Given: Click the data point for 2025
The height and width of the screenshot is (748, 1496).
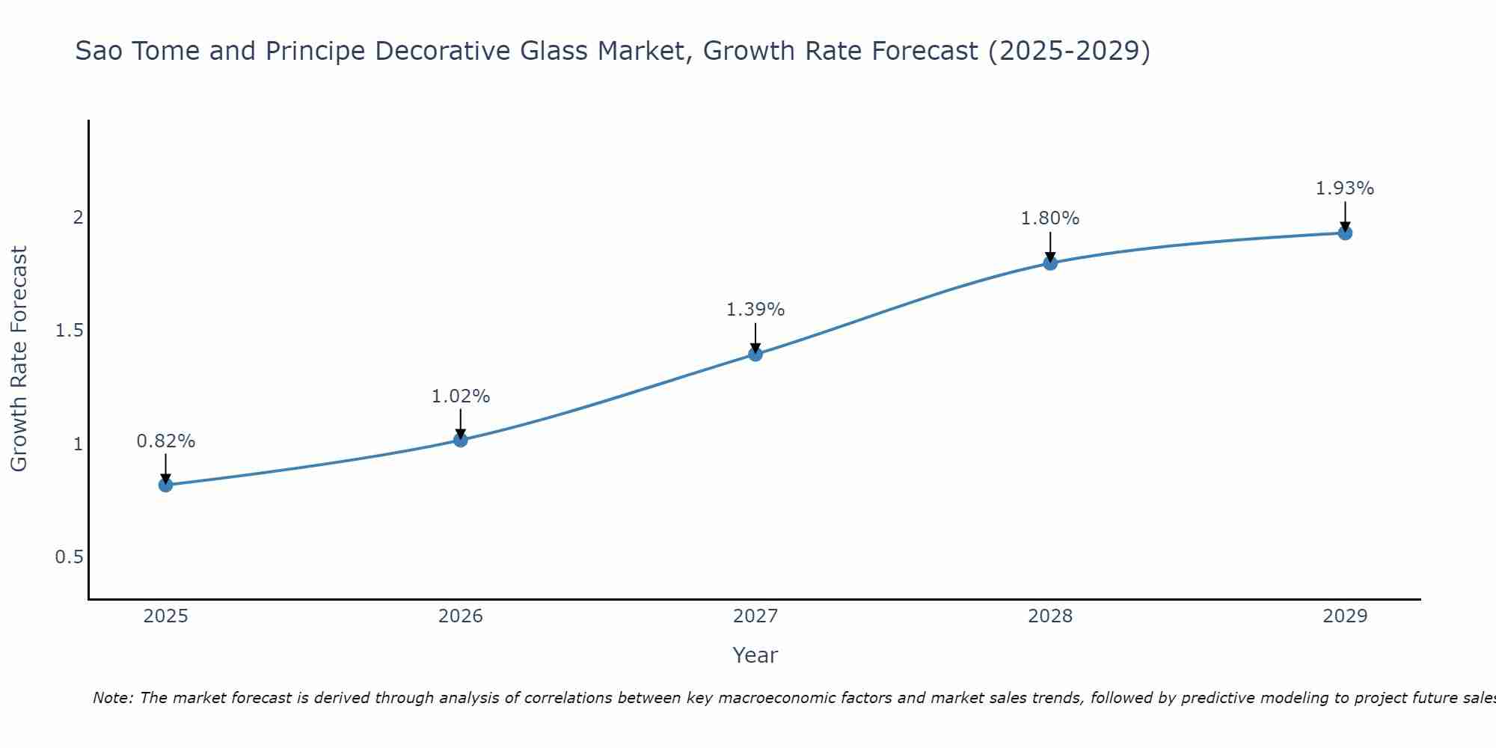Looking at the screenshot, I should (x=165, y=485).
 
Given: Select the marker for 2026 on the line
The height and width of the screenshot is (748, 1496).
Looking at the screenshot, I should (x=460, y=440).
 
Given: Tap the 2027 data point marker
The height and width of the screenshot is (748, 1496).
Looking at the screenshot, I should (x=755, y=354).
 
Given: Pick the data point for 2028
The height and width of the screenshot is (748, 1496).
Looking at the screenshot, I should (x=1050, y=263).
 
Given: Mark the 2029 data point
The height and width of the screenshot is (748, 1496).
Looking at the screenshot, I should (x=1345, y=233).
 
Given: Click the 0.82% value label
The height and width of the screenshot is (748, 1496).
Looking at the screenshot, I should (x=165, y=441).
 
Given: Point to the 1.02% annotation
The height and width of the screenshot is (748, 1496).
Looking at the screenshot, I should (x=460, y=396).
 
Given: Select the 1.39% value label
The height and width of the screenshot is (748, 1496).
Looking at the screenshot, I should (x=755, y=310).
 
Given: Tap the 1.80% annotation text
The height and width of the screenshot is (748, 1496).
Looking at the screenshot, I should (x=1050, y=218).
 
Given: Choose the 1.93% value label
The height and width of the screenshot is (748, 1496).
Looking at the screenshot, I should (x=1345, y=188).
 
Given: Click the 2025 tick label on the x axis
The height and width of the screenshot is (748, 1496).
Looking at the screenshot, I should (x=165, y=616).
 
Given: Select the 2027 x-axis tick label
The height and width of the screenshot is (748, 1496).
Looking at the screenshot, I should (x=755, y=616).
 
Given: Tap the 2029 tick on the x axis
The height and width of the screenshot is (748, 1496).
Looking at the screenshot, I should (x=1345, y=616).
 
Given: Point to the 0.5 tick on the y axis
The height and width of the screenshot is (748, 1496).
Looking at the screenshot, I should (x=69, y=557).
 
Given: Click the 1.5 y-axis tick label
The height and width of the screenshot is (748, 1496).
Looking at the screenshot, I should (x=69, y=331).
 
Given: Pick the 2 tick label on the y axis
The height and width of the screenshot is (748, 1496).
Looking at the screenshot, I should (x=77, y=218).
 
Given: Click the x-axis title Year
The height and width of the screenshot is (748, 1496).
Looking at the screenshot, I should (x=755, y=655).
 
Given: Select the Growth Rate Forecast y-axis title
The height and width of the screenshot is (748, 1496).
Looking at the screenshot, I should (x=19, y=358).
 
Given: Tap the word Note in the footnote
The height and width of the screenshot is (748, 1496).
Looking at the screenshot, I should (x=111, y=698).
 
